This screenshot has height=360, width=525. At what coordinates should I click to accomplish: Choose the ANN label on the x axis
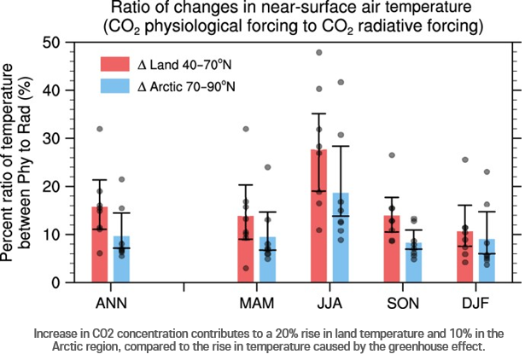click(x=110, y=300)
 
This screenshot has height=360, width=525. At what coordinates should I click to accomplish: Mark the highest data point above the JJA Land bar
click(x=319, y=53)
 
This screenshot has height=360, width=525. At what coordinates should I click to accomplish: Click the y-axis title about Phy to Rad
click(x=23, y=162)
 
